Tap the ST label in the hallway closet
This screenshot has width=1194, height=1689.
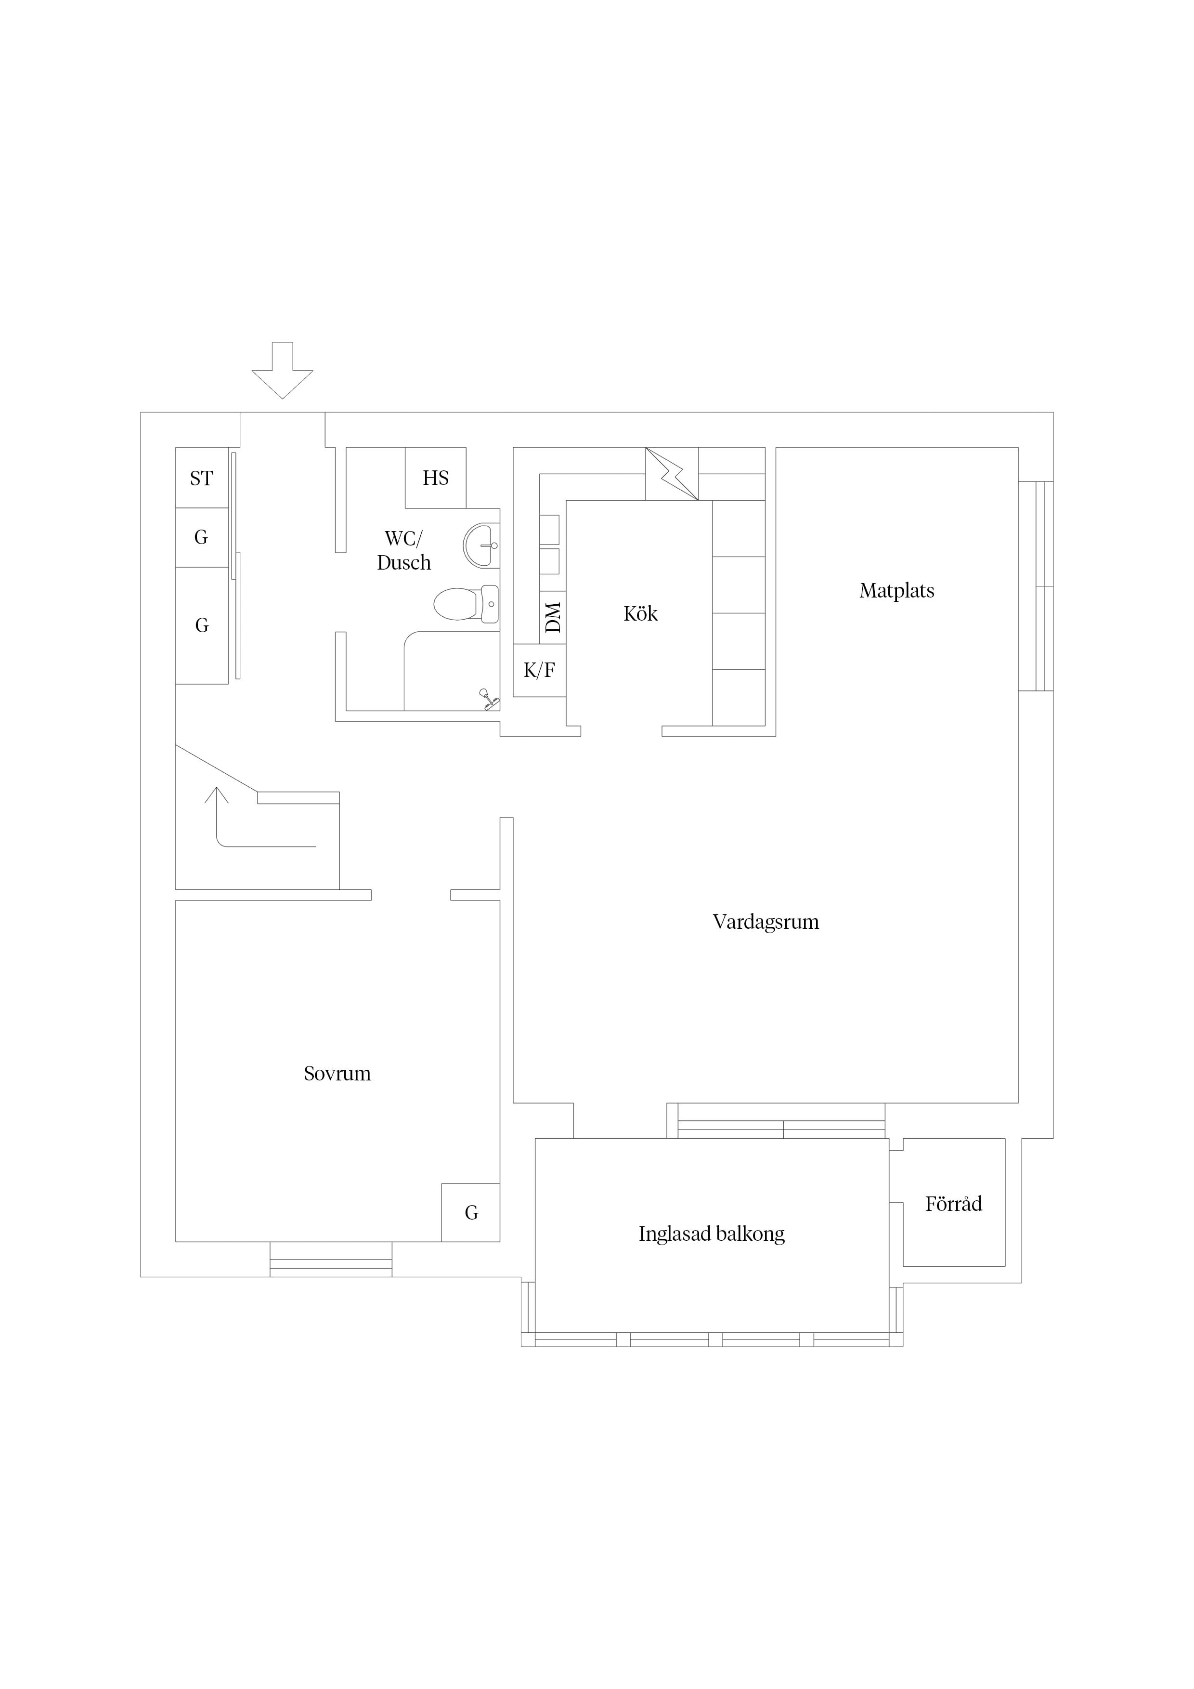click(x=202, y=478)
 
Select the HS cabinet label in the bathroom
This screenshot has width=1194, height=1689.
click(x=436, y=478)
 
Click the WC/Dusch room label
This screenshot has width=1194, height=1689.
click(x=404, y=550)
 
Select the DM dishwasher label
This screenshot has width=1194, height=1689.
click(x=553, y=617)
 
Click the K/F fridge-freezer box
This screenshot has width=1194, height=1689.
click(x=539, y=670)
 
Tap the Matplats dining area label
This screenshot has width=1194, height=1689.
click(x=897, y=591)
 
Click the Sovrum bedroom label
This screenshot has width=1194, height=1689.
click(x=337, y=1074)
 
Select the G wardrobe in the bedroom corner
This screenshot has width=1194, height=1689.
click(x=471, y=1212)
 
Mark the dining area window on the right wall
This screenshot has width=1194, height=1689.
click(x=1036, y=586)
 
